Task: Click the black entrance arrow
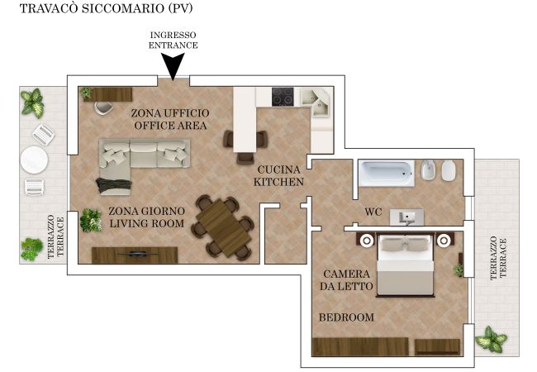pyautogui.click(x=173, y=66)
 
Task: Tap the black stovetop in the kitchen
pyautogui.click(x=283, y=97)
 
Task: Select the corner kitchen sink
pyautogui.click(x=315, y=103)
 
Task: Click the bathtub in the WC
pyautogui.click(x=387, y=173)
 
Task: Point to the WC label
pyautogui.click(x=373, y=212)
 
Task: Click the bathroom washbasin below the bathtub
pyautogui.click(x=406, y=217)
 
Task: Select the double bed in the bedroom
pyautogui.click(x=405, y=265)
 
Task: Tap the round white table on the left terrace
pyautogui.click(x=34, y=160)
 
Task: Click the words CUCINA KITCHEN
pyautogui.click(x=278, y=176)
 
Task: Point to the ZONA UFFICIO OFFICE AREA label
pyautogui.click(x=170, y=119)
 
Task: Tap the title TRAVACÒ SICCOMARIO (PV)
pyautogui.click(x=107, y=8)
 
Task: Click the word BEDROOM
pyautogui.click(x=347, y=317)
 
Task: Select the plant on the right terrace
pyautogui.click(x=491, y=339)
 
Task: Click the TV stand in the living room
pyautogui.click(x=135, y=255)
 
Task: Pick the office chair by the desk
pyautogui.click(x=104, y=107)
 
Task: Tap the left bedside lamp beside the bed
pyautogui.click(x=367, y=241)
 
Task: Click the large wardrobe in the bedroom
pyautogui.click(x=360, y=347)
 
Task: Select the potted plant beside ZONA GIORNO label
pyautogui.click(x=91, y=221)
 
